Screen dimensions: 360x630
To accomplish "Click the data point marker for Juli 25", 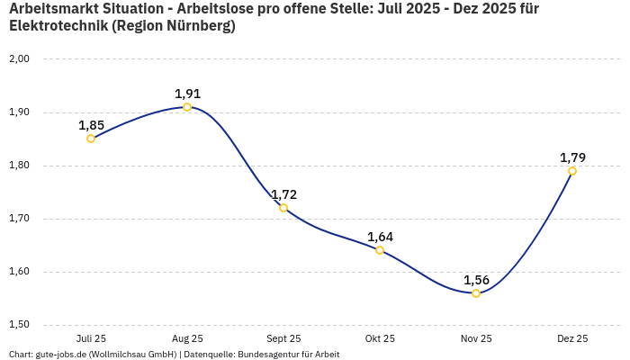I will pos(91,139).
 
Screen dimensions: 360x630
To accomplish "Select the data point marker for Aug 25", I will pos(187,107).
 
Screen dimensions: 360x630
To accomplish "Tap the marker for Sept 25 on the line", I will pos(283,208).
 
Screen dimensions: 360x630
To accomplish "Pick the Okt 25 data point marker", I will pos(380,250).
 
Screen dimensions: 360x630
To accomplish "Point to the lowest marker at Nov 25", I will pos(476,293).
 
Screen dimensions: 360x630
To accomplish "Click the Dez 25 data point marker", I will pos(572,171).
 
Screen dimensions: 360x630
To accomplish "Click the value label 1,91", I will pos(187,94).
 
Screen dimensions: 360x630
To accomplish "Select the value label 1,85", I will pos(91,125).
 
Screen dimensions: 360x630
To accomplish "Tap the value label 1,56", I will pos(476,280).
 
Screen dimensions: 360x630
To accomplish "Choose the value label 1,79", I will pos(572,157).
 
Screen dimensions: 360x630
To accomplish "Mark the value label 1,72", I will pos(283,194).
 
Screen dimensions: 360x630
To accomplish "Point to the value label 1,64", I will pos(380,237).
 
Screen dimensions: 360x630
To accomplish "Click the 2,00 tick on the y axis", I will pos(19,59).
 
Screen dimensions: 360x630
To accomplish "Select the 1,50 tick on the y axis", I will pos(19,325).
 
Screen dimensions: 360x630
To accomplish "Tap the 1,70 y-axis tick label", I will pos(19,219).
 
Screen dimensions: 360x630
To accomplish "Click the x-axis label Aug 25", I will pos(187,338).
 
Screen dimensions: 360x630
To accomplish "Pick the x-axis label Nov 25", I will pos(476,338).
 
